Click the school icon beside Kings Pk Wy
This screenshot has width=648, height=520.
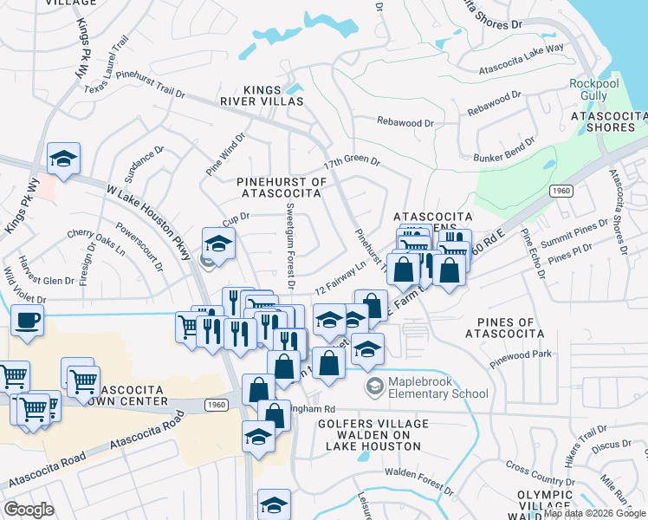pos(63,159)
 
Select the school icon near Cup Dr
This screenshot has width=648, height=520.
pos(218,243)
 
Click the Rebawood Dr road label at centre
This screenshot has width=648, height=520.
pos(405,123)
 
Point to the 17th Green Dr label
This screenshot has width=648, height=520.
pos(352,161)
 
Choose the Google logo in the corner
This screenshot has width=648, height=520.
pos(29,510)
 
